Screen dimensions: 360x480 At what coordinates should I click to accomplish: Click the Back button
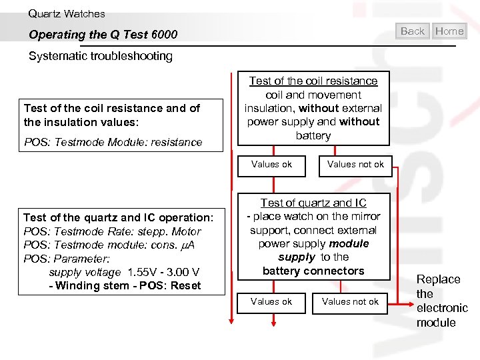[413, 31]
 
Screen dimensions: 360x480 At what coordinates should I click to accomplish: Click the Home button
[449, 31]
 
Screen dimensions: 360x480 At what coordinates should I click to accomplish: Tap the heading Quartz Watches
[67, 13]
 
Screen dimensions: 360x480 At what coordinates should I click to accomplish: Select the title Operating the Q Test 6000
[103, 35]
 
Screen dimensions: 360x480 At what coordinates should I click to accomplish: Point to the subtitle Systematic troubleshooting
[101, 56]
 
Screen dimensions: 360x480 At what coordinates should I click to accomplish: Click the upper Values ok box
[271, 165]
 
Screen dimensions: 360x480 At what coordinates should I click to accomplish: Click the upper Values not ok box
[355, 165]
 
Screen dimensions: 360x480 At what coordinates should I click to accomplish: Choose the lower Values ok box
[271, 302]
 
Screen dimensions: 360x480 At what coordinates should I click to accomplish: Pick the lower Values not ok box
[350, 302]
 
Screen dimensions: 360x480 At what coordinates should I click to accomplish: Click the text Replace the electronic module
[441, 301]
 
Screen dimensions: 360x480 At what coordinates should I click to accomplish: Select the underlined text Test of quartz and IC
[313, 203]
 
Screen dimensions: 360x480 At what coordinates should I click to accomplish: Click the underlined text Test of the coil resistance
[313, 81]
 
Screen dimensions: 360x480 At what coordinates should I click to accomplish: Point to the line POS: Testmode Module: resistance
[113, 142]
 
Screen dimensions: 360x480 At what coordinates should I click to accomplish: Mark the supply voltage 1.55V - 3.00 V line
[124, 273]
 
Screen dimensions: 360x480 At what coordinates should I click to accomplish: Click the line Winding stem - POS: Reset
[125, 286]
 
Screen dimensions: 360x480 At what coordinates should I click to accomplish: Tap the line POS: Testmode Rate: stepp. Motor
[112, 231]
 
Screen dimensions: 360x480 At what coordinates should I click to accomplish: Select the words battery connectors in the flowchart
[313, 271]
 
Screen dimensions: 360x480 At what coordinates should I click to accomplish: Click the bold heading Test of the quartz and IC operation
[119, 217]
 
